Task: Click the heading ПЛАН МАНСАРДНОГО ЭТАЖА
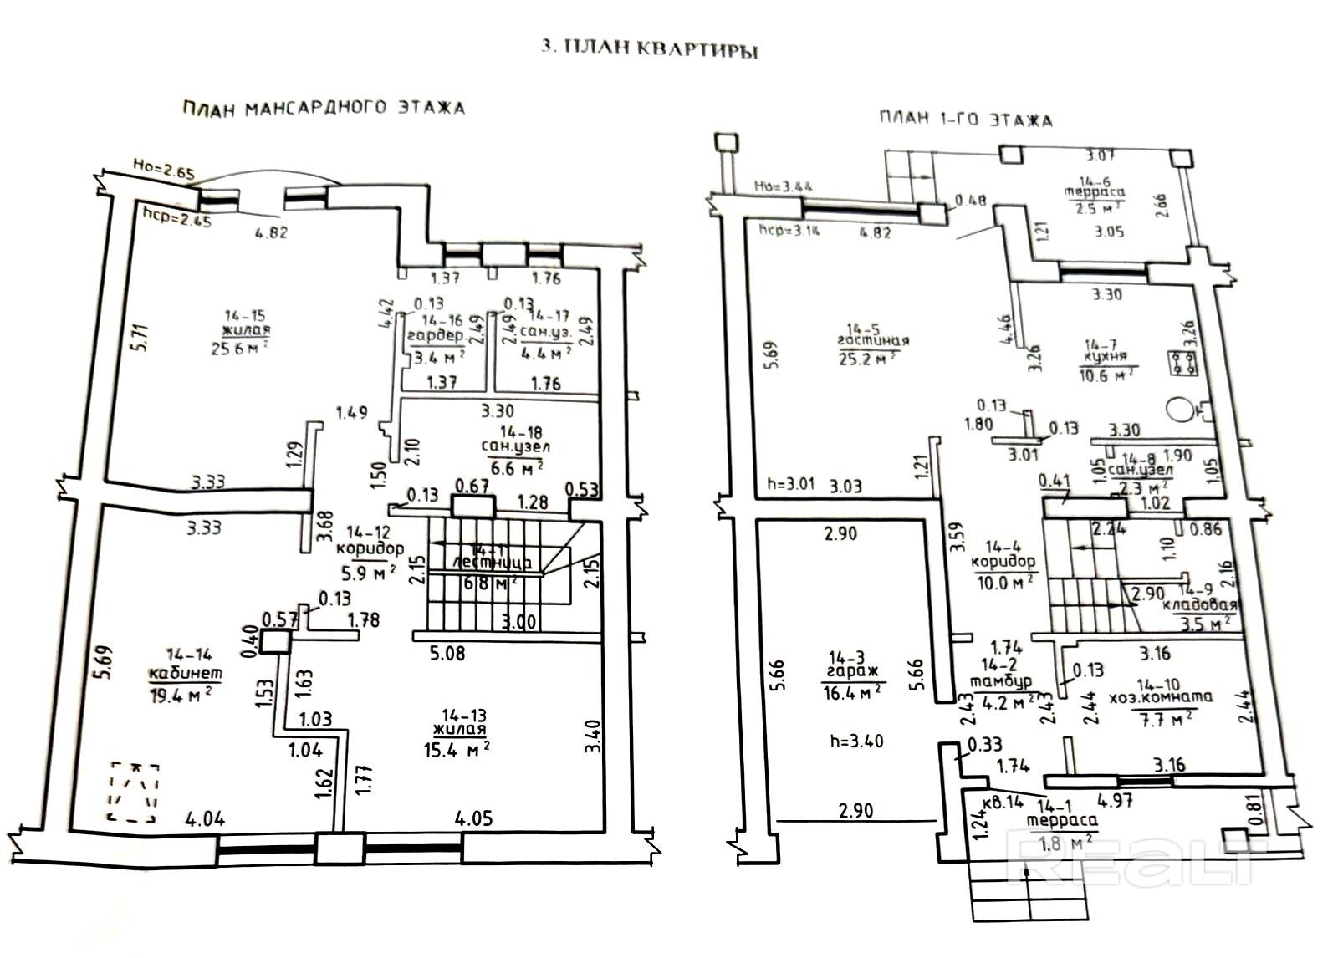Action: (x=323, y=108)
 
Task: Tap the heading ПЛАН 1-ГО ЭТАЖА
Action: (x=965, y=119)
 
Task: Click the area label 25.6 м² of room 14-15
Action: (x=240, y=348)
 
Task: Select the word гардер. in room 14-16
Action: (x=436, y=336)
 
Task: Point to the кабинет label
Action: (x=185, y=674)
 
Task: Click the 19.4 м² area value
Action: (x=185, y=693)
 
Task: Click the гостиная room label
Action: (x=873, y=340)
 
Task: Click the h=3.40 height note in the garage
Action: (x=856, y=741)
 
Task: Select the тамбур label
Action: (x=1000, y=682)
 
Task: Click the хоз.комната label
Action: (x=1161, y=696)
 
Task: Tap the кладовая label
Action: (x=1201, y=605)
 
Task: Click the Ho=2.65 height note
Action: (x=164, y=175)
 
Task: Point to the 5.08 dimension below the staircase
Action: (x=447, y=652)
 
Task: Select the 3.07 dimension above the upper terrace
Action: (x=1101, y=155)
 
